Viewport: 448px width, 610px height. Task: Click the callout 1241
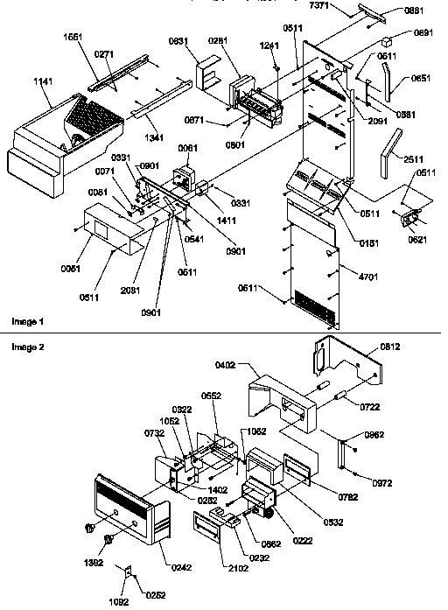pyautogui.click(x=271, y=46)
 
